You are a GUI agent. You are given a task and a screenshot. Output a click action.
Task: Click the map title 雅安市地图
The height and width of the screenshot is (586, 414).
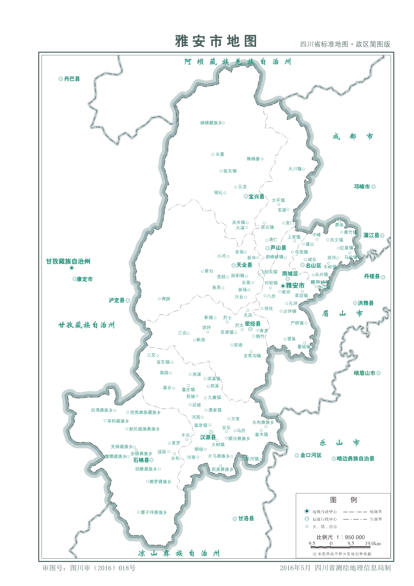[x=216, y=41]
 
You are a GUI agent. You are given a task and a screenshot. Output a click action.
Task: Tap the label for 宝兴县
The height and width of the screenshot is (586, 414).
[x=256, y=196]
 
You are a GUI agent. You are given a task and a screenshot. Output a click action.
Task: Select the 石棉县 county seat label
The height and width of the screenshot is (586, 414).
[x=141, y=460]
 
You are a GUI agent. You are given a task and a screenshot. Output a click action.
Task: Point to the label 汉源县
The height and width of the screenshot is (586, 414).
[x=208, y=437]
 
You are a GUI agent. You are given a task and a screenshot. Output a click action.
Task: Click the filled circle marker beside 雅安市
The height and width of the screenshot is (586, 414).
[x=283, y=286]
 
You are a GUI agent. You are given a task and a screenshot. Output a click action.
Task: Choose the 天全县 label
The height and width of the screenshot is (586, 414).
[x=244, y=265]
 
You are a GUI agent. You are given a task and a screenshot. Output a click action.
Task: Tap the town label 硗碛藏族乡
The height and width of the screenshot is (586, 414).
[x=211, y=123]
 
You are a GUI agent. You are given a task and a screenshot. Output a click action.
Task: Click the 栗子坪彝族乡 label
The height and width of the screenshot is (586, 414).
[x=154, y=512]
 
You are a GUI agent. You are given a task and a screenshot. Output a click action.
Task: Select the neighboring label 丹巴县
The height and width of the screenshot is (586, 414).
[x=72, y=79]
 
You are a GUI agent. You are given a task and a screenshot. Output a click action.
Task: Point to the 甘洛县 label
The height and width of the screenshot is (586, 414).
[x=246, y=519]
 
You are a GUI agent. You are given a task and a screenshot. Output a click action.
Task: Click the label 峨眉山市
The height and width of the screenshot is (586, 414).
[x=364, y=373]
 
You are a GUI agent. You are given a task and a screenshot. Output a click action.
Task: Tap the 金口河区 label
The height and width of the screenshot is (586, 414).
[x=310, y=455]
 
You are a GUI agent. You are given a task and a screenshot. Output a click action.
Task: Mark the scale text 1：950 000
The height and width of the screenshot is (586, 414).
[x=351, y=537]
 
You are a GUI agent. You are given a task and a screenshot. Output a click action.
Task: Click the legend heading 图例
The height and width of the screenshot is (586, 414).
[x=343, y=500]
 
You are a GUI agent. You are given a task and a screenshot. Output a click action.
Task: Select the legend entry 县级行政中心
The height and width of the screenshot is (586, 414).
[x=325, y=519]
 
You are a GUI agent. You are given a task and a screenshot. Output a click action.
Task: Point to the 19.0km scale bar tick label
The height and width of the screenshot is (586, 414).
[x=373, y=544]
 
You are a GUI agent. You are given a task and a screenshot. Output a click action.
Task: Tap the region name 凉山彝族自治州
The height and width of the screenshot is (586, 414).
[x=179, y=554]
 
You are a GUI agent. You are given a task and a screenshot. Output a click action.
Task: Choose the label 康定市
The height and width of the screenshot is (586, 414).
[x=84, y=279]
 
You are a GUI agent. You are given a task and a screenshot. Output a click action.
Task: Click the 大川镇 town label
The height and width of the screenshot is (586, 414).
[x=295, y=169]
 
